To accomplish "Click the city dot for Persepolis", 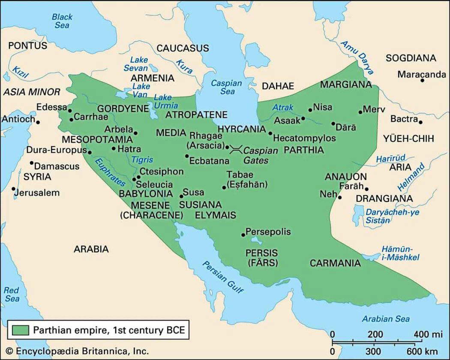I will pyautogui.click(x=243, y=234).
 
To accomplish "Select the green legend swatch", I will pyautogui.click(x=19, y=330).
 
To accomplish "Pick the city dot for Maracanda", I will pyautogui.click(x=422, y=80).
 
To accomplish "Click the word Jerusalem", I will pyautogui.click(x=37, y=193).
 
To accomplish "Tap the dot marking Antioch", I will pyautogui.click(x=38, y=122).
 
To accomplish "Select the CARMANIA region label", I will pyautogui.click(x=335, y=263).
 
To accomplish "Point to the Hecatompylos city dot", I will pyautogui.click(x=270, y=133).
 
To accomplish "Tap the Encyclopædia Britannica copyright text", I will pyautogui.click(x=77, y=351).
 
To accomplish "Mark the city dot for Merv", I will pyautogui.click(x=360, y=112).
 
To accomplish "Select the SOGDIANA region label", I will pyautogui.click(x=411, y=58).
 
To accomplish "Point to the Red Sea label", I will pyautogui.click(x=12, y=294).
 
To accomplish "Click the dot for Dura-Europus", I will pyautogui.click(x=90, y=152).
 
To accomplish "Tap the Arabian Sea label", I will pyautogui.click(x=386, y=319).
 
